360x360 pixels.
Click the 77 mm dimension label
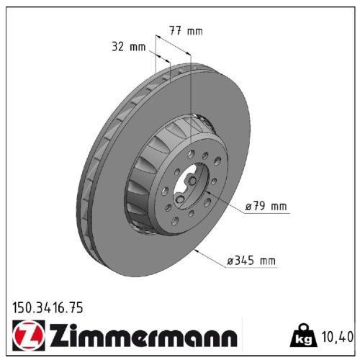click(186, 31)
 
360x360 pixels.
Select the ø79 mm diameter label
click(266, 207)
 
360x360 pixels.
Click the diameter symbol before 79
click(248, 207)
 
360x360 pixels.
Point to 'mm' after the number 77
click(196, 31)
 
